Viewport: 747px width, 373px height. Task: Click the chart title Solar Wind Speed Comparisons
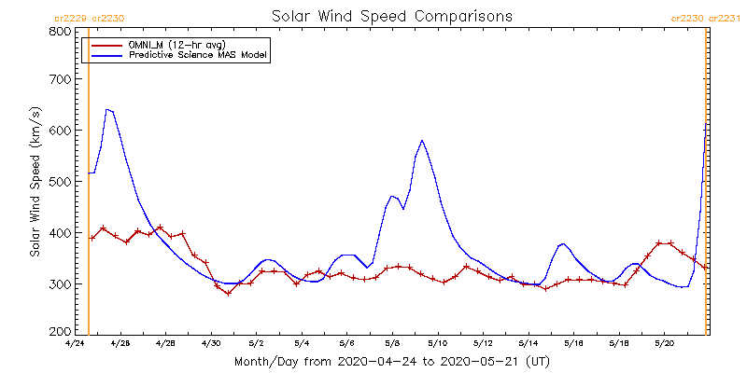[391, 17]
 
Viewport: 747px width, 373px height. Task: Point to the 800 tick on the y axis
[62, 32]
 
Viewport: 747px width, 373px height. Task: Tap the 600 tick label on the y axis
[62, 131]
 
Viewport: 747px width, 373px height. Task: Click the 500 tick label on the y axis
[62, 182]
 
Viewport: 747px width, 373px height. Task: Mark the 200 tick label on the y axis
[62, 332]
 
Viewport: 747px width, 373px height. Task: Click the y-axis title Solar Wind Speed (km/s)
[35, 182]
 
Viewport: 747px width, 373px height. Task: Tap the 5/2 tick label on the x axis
[256, 344]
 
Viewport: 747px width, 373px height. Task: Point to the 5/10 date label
[437, 344]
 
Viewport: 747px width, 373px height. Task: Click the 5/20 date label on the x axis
[664, 344]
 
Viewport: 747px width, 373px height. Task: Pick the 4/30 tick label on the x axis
[211, 344]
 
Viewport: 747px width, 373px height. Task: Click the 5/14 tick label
[528, 344]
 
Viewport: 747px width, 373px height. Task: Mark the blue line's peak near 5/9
[422, 140]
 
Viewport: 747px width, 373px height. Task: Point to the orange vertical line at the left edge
[88, 186]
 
